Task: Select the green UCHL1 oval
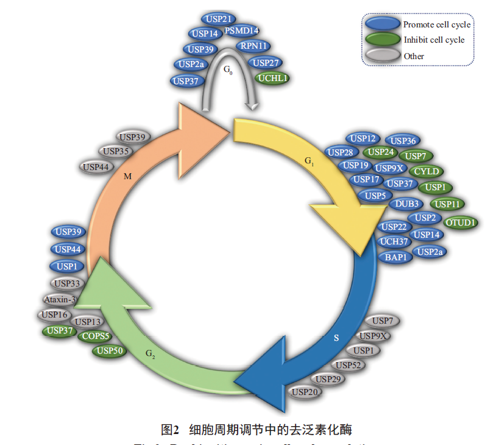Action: tap(272, 78)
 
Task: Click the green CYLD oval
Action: tap(426, 171)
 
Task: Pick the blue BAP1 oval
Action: tap(396, 257)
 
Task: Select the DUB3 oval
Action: tap(406, 204)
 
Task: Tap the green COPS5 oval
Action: tap(96, 335)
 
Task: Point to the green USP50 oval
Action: tap(110, 351)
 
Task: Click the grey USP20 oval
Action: tap(305, 392)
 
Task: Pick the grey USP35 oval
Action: tap(116, 151)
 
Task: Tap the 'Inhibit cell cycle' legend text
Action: tap(434, 40)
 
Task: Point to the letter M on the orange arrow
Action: tap(127, 176)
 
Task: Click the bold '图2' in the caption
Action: tap(169, 430)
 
